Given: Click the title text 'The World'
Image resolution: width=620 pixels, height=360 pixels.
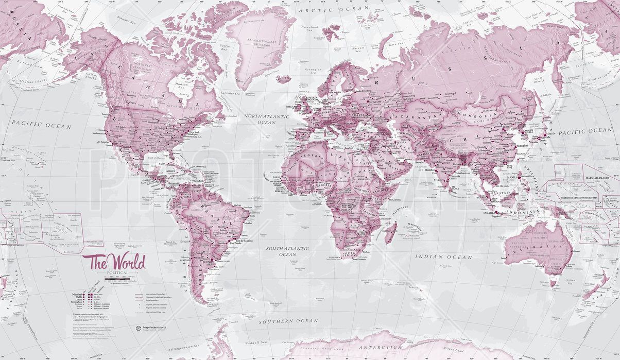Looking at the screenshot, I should pyautogui.click(x=117, y=262).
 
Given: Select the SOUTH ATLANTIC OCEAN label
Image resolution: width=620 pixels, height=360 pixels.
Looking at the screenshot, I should pyautogui.click(x=287, y=251).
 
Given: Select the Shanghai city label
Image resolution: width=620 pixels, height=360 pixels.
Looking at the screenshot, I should pyautogui.click(x=522, y=146).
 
